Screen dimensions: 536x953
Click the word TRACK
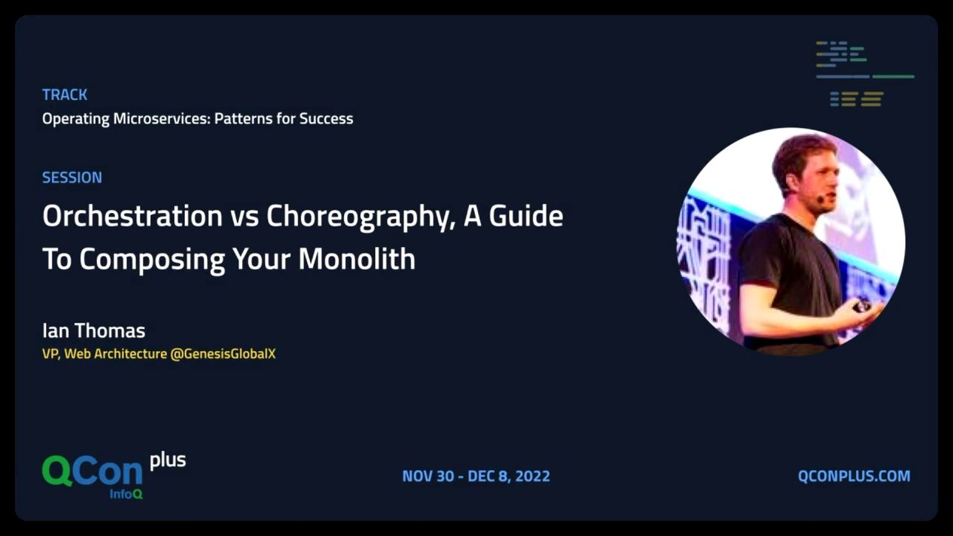65,95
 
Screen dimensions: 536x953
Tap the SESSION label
72,177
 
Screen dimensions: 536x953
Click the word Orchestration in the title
132,216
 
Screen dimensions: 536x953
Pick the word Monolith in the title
357,259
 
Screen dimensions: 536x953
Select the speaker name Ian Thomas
94,330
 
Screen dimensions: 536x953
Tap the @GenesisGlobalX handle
223,354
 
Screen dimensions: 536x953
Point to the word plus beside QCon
168,461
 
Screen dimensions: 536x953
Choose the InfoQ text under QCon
126,494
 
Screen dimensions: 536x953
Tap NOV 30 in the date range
428,476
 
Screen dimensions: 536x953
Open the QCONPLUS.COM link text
854,476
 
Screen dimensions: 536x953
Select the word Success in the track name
326,119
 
